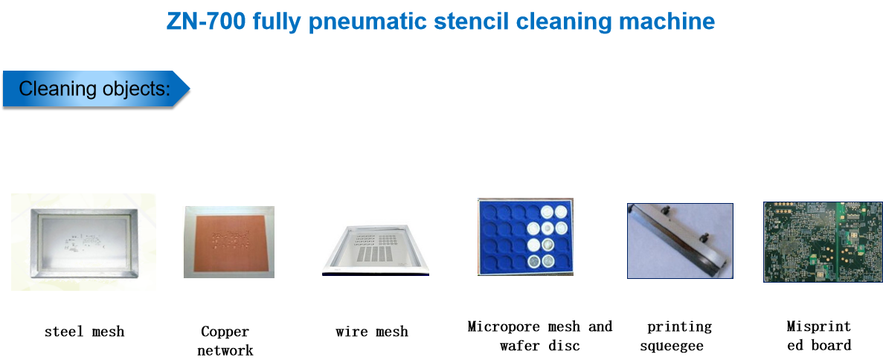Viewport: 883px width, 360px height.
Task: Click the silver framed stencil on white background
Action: click(83, 242)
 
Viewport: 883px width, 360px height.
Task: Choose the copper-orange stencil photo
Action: click(228, 242)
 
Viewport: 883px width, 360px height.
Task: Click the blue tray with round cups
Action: click(525, 237)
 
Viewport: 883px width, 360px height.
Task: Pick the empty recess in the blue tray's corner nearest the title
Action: click(489, 211)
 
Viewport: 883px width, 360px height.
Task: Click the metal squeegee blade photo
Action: click(680, 241)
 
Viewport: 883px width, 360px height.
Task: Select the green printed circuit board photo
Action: click(823, 242)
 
